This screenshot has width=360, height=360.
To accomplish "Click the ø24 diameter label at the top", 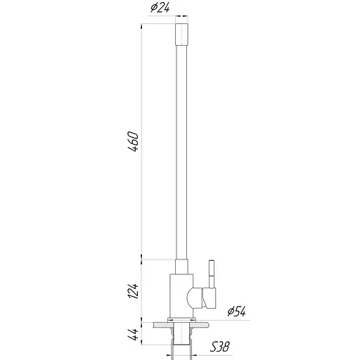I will coord(159,9).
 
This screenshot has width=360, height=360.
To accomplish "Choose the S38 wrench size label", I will coord(221,347).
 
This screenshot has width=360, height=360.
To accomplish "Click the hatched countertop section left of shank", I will coord(161,325).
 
